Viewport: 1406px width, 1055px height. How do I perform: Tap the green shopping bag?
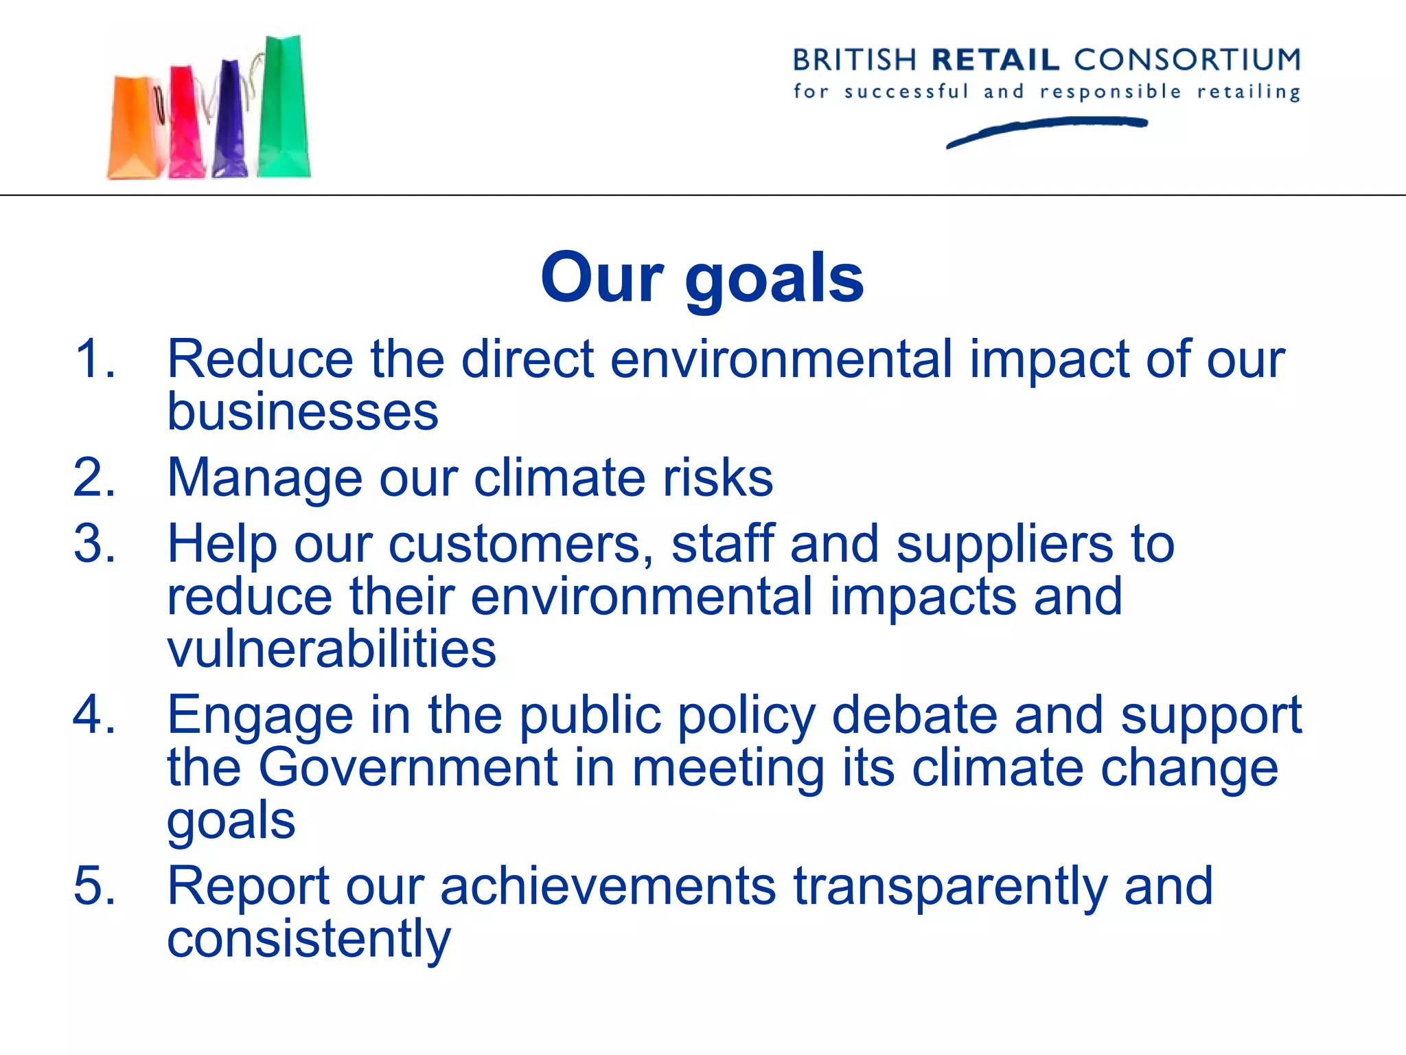[x=284, y=110]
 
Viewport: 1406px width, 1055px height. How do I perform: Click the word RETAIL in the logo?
[x=995, y=60]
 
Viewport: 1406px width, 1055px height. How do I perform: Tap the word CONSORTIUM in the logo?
[x=1187, y=60]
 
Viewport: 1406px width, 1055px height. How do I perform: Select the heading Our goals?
[x=702, y=277]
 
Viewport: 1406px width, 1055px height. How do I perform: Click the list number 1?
[x=94, y=359]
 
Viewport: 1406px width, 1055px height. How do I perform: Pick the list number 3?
[x=94, y=543]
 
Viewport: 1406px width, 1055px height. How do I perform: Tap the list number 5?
[x=94, y=885]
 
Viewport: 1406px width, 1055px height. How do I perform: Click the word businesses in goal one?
[x=303, y=412]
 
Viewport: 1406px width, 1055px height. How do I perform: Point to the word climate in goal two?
[x=560, y=477]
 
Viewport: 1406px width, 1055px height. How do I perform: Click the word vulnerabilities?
[x=332, y=648]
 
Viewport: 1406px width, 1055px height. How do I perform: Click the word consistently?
[x=309, y=939]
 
